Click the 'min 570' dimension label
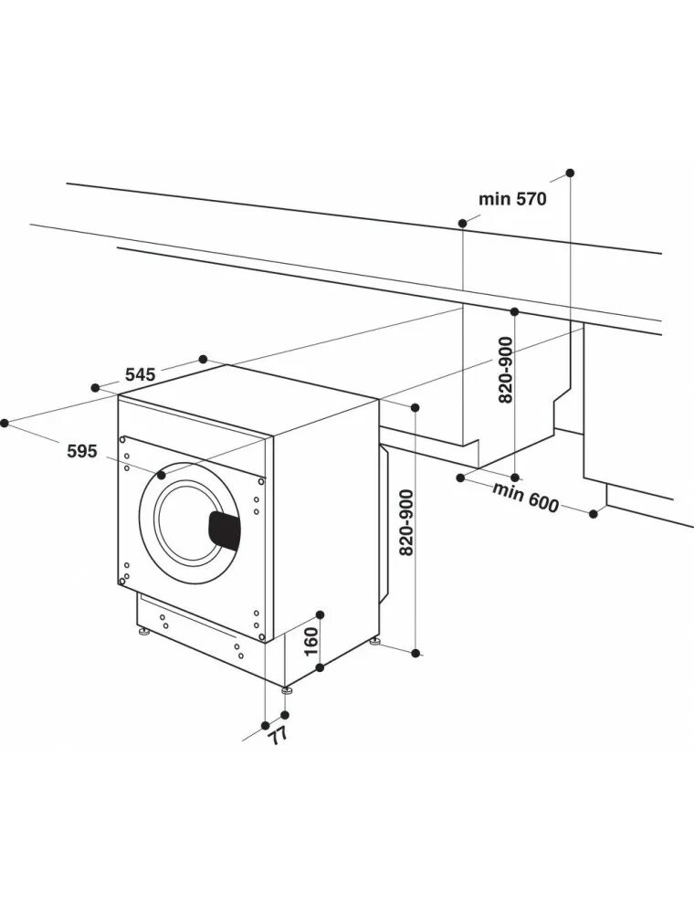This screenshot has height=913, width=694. [x=512, y=198]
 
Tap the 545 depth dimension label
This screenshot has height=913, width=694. [x=141, y=373]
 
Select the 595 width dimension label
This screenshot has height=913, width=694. [x=81, y=450]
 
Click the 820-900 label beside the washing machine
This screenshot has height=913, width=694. [x=407, y=522]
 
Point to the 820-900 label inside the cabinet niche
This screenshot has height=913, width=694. [x=507, y=369]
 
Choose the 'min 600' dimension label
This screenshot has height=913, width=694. [x=525, y=497]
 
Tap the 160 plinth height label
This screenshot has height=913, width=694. [x=310, y=641]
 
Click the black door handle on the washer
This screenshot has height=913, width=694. [x=225, y=530]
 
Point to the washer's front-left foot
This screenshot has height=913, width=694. [x=143, y=631]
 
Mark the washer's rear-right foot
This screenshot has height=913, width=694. [x=375, y=641]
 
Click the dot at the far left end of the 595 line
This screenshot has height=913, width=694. [x=5, y=422]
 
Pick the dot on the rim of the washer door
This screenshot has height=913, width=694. [x=162, y=475]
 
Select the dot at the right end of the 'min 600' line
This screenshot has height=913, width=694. [x=593, y=514]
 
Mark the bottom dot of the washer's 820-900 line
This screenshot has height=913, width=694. [x=416, y=653]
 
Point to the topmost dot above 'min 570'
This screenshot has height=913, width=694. [x=571, y=172]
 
